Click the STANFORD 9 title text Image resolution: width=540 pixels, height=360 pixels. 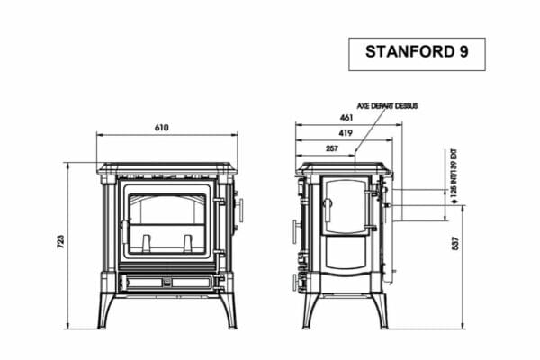[x=417, y=53]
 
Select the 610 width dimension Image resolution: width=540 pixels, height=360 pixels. [x=161, y=128]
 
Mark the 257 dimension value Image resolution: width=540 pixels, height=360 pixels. [x=331, y=148]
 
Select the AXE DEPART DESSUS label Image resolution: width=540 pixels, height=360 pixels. [x=388, y=105]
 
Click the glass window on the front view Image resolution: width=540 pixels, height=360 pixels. [x=167, y=222]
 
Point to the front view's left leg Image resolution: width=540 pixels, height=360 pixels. [x=107, y=310]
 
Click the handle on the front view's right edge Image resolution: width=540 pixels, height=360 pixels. [x=239, y=212]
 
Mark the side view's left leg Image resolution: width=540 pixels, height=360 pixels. [x=310, y=310]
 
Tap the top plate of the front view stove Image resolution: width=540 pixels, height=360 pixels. [x=167, y=168]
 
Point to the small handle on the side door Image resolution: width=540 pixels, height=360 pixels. [x=328, y=211]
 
